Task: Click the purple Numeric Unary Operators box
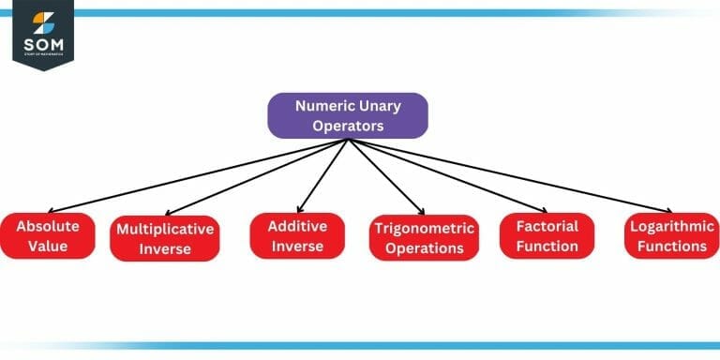[x=348, y=116]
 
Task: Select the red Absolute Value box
[x=48, y=236]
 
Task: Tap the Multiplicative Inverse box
[x=164, y=239]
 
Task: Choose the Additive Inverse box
[x=297, y=236]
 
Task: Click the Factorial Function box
[x=547, y=236]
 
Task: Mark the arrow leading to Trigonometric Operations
[x=386, y=177]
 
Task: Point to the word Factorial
[x=547, y=226]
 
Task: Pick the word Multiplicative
[x=164, y=229]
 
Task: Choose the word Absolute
[x=48, y=226]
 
